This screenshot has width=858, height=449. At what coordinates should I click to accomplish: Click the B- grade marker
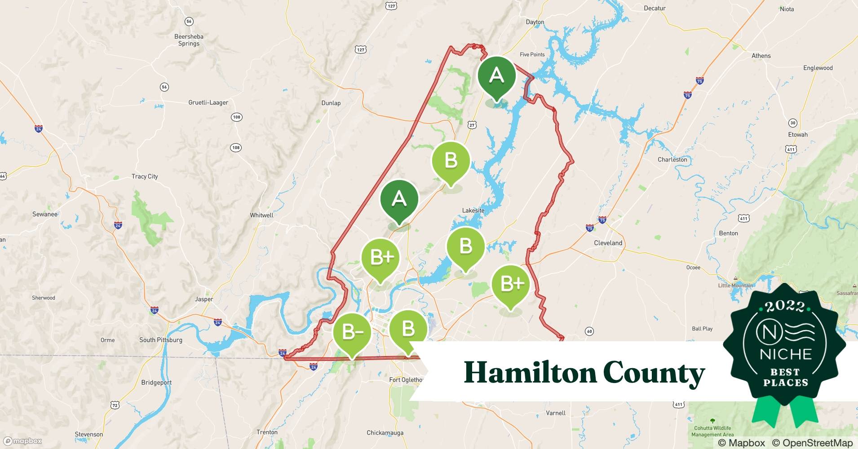pos(352,332)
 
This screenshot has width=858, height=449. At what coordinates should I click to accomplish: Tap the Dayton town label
pos(535,22)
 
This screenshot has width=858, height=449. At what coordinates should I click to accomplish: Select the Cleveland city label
pos(608,243)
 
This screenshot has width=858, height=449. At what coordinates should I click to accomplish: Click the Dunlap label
pos(331,103)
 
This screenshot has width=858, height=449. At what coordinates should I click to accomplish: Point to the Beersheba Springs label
pos(189,40)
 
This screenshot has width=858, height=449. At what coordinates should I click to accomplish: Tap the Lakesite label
pos(473,211)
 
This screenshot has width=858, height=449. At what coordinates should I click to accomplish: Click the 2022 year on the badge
pos(785,306)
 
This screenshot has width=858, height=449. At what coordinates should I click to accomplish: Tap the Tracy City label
pos(145,176)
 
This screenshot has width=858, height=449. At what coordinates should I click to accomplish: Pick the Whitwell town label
pos(261,215)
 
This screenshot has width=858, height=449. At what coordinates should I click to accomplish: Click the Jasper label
pos(204,299)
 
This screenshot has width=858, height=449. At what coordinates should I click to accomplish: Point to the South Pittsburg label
pos(161,340)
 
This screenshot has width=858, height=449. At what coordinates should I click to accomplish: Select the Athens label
pos(761,56)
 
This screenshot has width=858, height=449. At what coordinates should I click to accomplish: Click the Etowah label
pos(797,135)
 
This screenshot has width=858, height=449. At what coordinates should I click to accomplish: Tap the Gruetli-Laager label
pos(208,102)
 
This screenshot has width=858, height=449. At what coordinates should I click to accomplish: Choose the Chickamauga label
pos(385,433)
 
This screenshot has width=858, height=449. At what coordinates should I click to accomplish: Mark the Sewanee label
pos(45,214)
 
